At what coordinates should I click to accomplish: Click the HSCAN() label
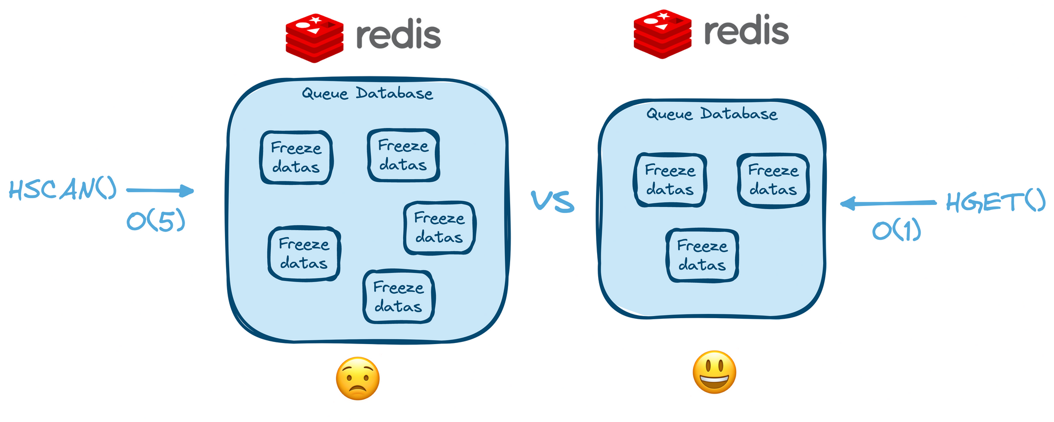63,190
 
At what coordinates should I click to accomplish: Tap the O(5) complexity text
156,222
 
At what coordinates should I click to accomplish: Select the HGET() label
996,202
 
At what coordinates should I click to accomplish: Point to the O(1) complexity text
896,231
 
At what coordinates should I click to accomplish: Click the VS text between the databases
552,202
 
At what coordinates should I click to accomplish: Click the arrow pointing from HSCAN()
160,191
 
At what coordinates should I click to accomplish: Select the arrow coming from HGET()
888,203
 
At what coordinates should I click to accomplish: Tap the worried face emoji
358,378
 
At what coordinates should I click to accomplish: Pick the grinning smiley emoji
714,372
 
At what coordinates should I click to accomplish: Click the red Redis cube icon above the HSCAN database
315,38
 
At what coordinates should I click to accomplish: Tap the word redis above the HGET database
746,31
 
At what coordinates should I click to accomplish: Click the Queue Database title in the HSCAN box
367,94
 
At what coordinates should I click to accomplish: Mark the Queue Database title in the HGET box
712,114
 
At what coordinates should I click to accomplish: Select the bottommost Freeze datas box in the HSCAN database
398,297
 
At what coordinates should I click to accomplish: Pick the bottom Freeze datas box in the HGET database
702,255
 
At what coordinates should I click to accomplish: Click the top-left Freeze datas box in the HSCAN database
296,158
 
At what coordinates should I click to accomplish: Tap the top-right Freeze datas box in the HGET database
773,180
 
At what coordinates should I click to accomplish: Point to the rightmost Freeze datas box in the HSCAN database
439,228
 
